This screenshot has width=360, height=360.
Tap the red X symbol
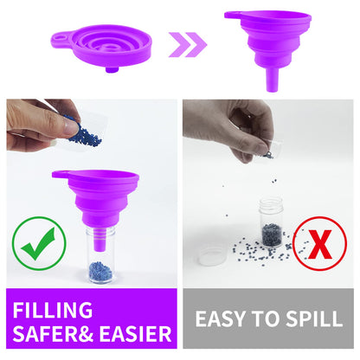click(x=320, y=244)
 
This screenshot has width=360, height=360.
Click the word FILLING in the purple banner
click(x=53, y=310)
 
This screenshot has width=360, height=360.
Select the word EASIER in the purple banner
click(x=135, y=334)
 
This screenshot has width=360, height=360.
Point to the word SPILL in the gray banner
click(x=314, y=318)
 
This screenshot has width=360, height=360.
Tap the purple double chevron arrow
click(x=188, y=45)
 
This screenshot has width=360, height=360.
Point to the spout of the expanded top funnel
click(x=272, y=80)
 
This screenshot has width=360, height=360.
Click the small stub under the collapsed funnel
click(x=112, y=69)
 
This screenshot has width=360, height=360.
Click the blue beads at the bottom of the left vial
click(x=100, y=272)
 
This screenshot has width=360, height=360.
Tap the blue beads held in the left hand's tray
click(x=84, y=132)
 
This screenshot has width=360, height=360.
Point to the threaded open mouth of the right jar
click(x=271, y=203)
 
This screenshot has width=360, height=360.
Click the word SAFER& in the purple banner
click(x=53, y=334)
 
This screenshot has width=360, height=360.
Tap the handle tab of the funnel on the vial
click(x=61, y=175)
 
